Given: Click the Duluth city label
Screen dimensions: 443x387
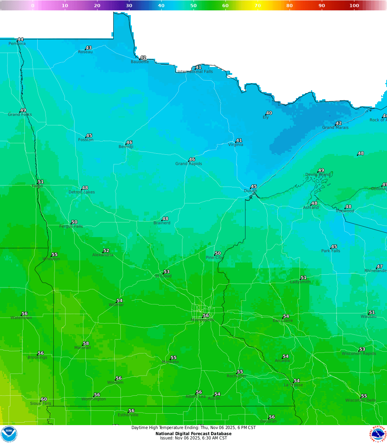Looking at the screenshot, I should pyautogui.click(x=250, y=191).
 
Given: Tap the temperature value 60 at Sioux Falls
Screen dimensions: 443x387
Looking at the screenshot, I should pyautogui.click(x=44, y=399).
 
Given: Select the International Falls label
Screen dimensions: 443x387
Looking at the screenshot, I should pyautogui.click(x=195, y=72).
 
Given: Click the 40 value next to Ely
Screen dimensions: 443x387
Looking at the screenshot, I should pyautogui.click(x=269, y=113).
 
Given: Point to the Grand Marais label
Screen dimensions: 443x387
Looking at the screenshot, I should pyautogui.click(x=335, y=127).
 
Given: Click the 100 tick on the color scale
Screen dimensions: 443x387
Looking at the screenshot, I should pyautogui.click(x=354, y=5).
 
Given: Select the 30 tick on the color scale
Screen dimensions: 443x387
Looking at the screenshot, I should pyautogui.click(x=129, y=5).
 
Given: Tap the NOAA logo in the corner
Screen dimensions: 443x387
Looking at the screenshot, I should pyautogui.click(x=9, y=434).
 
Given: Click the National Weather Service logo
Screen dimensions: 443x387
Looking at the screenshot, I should pyautogui.click(x=378, y=434).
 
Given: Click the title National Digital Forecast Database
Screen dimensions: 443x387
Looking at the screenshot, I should pyautogui.click(x=193, y=434).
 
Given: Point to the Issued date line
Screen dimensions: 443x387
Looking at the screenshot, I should pyautogui.click(x=193, y=438).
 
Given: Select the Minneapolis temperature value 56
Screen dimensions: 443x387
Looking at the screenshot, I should pyautogui.click(x=206, y=316).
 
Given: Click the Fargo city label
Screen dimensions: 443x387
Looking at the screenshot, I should pyautogui.click(x=37, y=186).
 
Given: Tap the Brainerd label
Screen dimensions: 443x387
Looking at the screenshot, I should pyautogui.click(x=162, y=223).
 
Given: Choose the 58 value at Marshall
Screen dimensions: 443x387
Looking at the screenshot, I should pyautogui.click(x=86, y=343).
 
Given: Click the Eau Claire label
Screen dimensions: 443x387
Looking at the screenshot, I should pyautogui.click(x=283, y=321).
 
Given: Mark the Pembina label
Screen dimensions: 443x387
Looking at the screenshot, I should pyautogui.click(x=17, y=44).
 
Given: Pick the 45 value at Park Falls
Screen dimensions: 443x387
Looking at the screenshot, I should pyautogui.click(x=334, y=247).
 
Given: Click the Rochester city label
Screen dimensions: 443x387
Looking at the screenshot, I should pyautogui.click(x=236, y=376).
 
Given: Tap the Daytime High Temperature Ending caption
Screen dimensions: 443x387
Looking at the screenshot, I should pyautogui.click(x=193, y=428).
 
